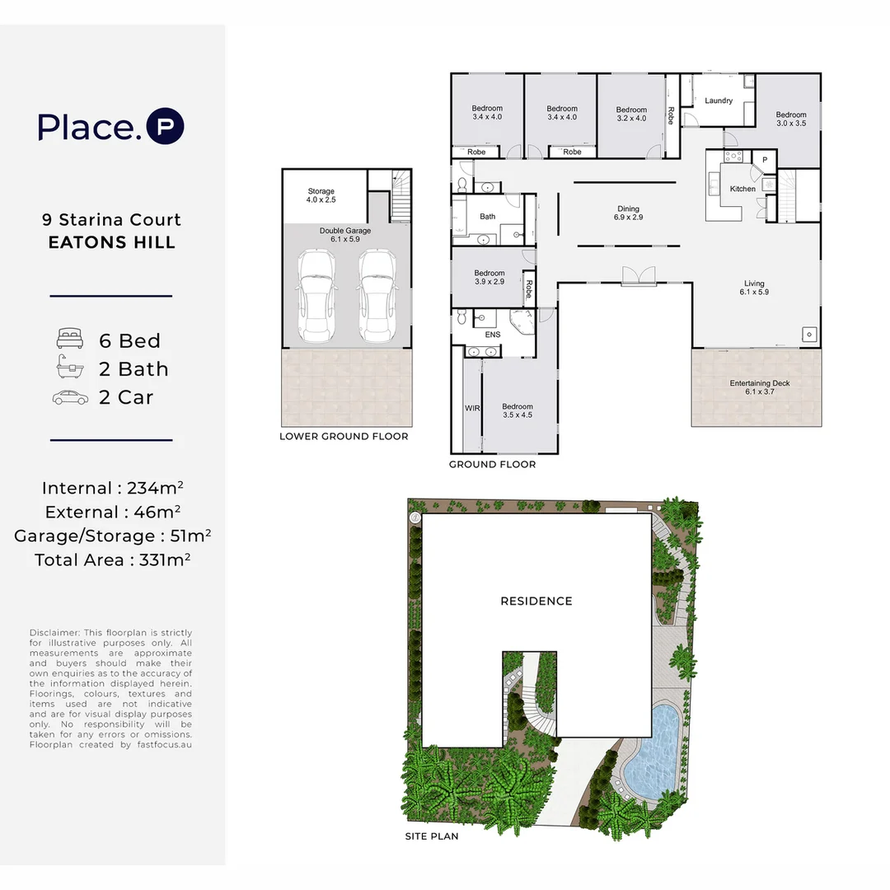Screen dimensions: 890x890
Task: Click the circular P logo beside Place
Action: (x=165, y=127)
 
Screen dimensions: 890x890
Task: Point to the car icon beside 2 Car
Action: (x=69, y=397)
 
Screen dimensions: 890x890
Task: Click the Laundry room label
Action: (x=719, y=101)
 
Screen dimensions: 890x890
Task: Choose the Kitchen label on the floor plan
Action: (x=742, y=189)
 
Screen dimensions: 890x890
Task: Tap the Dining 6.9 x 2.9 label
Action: (x=628, y=213)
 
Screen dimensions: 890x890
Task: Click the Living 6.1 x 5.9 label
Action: (x=753, y=287)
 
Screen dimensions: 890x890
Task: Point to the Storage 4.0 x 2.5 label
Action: (x=321, y=195)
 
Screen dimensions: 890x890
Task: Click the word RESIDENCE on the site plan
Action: (x=536, y=601)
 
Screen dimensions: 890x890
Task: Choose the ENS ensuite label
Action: (x=493, y=335)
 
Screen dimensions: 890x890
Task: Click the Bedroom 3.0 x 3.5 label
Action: (x=790, y=119)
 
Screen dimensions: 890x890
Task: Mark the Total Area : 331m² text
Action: (x=113, y=560)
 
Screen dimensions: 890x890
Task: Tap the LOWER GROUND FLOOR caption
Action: (x=344, y=437)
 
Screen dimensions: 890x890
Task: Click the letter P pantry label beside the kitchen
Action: (x=765, y=160)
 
